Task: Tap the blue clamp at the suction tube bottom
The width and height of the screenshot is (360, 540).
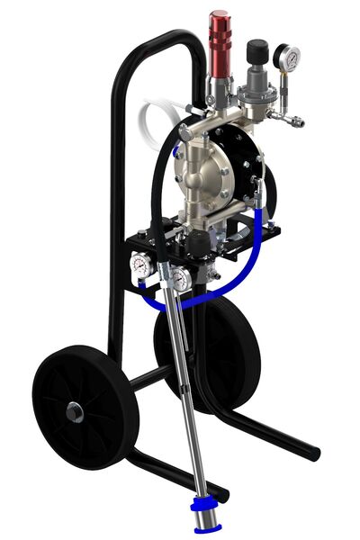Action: point(208,500)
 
